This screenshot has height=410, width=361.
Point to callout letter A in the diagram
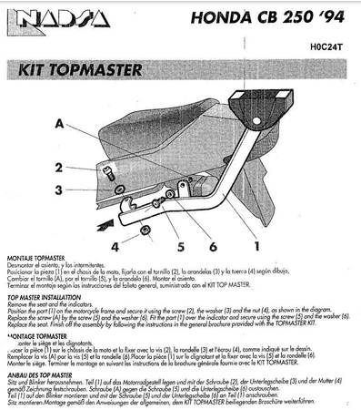[59, 123]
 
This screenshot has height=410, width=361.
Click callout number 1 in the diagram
[256, 245]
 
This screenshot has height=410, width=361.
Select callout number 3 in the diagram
[57, 190]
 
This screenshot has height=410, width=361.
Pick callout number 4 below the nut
[115, 245]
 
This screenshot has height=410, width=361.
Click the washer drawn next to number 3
[119, 190]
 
